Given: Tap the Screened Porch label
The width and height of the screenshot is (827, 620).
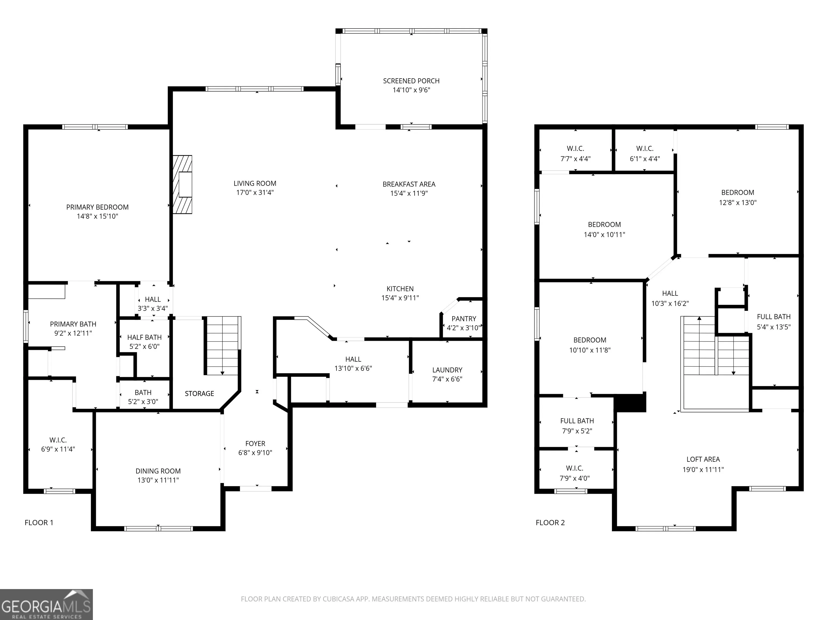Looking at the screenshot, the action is pyautogui.click(x=411, y=81).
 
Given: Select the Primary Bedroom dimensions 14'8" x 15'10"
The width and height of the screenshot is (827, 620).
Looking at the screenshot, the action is pyautogui.click(x=97, y=216).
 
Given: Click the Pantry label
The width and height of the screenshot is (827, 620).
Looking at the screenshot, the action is pyautogui.click(x=464, y=319).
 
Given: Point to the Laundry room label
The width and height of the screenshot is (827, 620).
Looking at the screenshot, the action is pyautogui.click(x=447, y=370).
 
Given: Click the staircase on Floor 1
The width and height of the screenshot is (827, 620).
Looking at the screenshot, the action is pyautogui.click(x=222, y=346).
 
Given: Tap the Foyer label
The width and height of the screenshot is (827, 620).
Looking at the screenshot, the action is pyautogui.click(x=255, y=443).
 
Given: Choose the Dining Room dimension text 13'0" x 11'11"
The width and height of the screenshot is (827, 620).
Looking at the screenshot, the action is pyautogui.click(x=158, y=480).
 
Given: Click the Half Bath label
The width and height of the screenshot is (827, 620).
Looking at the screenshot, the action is pyautogui.click(x=144, y=337).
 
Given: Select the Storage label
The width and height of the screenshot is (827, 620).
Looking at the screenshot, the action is pyautogui.click(x=199, y=393).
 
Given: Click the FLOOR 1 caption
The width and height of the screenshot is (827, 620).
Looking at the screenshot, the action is pyautogui.click(x=39, y=523).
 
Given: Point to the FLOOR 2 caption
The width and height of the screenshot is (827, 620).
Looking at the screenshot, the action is pyautogui.click(x=550, y=523).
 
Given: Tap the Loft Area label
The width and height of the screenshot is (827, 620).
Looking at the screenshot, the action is pyautogui.click(x=703, y=459).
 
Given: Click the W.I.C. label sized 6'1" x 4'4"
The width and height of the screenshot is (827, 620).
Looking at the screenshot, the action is pyautogui.click(x=644, y=148).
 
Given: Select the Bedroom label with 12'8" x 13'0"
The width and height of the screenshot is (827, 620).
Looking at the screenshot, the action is pyautogui.click(x=738, y=192).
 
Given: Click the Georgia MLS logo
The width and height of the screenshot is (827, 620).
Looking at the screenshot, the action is pyautogui.click(x=46, y=604).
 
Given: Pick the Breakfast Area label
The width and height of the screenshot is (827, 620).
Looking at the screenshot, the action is pyautogui.click(x=409, y=184).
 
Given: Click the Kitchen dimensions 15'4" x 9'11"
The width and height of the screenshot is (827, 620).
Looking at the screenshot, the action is pyautogui.click(x=400, y=298).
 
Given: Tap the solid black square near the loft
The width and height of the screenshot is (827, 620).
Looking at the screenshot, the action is pyautogui.click(x=630, y=402).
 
